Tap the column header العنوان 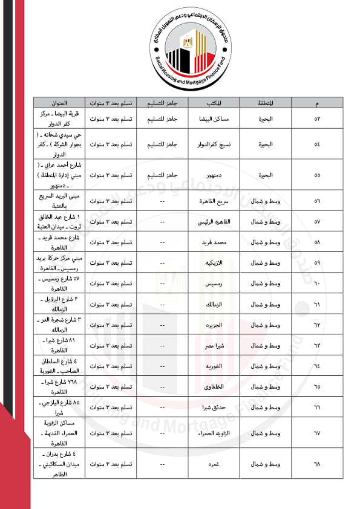(x=59, y=102)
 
